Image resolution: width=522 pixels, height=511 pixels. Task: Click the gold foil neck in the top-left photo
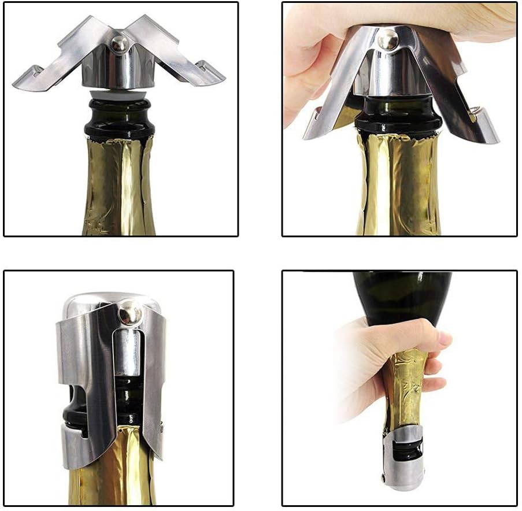[118, 185]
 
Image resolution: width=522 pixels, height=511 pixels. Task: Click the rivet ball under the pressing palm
[387, 40]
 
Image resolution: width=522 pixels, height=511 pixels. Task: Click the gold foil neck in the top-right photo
[399, 185]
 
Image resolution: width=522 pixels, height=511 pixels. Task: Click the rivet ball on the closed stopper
[129, 314]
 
